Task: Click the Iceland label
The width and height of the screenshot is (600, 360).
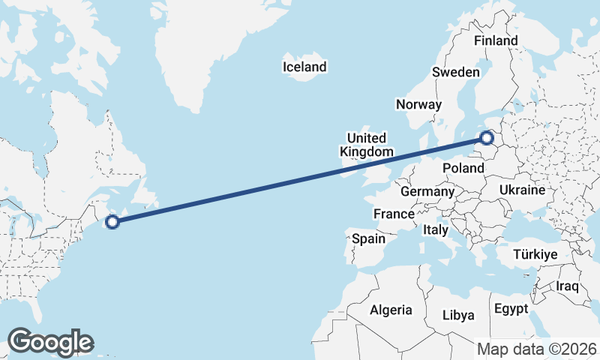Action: pos(304,67)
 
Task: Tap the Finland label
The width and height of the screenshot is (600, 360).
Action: pos(496,40)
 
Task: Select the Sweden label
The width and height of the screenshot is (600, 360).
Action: pos(455,72)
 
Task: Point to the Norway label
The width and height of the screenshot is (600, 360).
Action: pos(419,104)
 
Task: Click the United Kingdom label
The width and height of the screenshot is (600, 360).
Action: pos(366,145)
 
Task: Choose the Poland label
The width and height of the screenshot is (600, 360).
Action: pos(463,168)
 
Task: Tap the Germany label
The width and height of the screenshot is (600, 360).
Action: pos(427,192)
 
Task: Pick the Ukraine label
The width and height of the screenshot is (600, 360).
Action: pos(521,190)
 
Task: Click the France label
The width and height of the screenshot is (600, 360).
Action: pos(394,214)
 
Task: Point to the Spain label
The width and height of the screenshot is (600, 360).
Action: pos(368,239)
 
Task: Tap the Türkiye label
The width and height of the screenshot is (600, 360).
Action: pos(535,255)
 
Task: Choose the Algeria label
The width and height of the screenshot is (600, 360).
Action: pos(391,310)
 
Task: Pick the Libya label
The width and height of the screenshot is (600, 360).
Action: pos(458,315)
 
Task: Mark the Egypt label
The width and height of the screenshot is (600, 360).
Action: pos(511,309)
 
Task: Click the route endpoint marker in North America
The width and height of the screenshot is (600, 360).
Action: pos(112,221)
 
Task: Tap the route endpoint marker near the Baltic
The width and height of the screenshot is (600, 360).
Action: pos(487,138)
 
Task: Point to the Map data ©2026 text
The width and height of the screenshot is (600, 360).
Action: pos(536,349)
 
